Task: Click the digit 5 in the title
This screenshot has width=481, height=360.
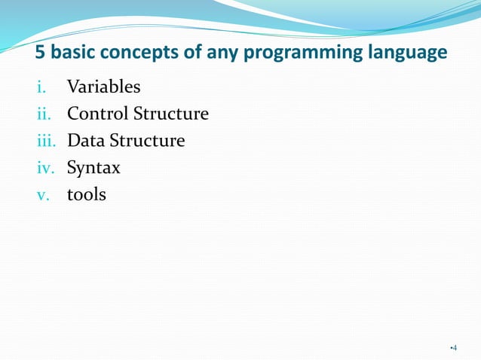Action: tap(42, 54)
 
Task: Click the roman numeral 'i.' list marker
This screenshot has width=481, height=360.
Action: tap(41, 87)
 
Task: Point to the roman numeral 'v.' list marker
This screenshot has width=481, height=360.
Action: tap(44, 195)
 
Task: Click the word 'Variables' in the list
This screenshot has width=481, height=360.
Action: tap(103, 87)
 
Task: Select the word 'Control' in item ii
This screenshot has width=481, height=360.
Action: tap(97, 114)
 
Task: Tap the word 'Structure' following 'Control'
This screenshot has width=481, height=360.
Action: tap(170, 114)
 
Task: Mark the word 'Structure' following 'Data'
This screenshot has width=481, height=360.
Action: tap(146, 141)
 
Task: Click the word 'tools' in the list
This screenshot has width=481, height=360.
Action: tap(87, 194)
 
